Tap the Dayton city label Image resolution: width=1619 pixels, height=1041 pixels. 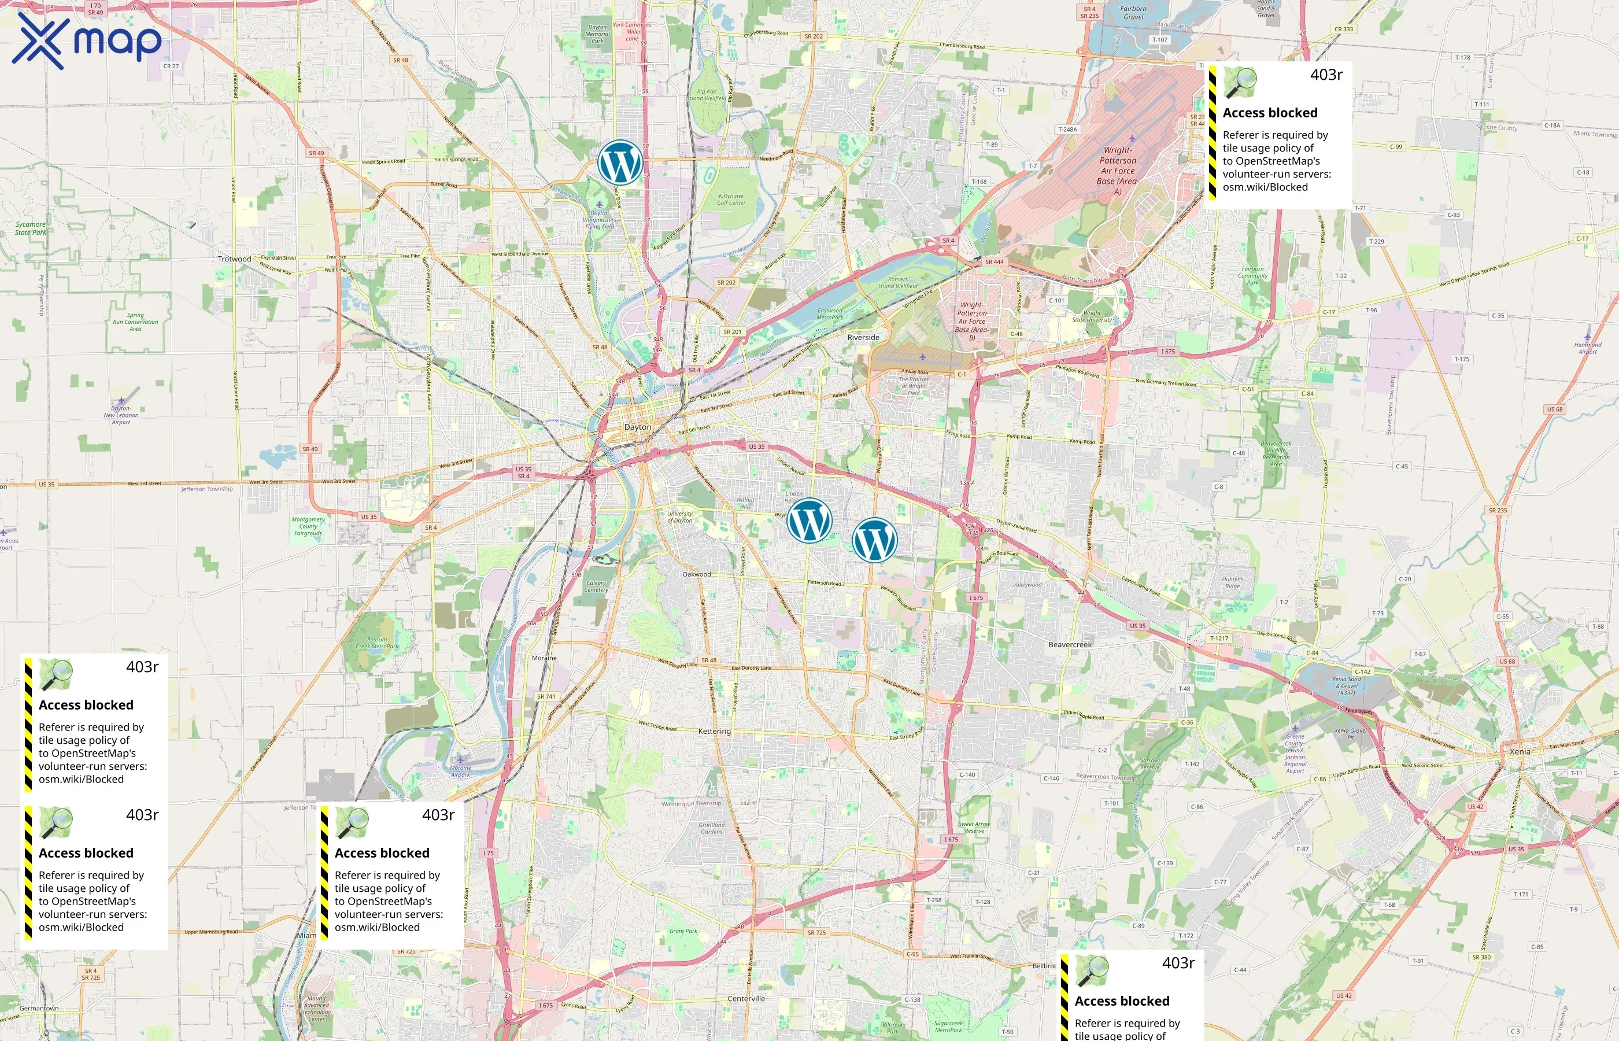637,427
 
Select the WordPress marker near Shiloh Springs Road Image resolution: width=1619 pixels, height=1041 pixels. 620,163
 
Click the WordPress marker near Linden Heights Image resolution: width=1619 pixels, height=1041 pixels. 809,520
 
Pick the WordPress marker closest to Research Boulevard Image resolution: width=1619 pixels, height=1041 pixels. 874,540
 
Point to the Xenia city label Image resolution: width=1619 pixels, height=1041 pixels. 1520,751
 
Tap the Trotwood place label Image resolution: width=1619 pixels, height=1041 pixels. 235,259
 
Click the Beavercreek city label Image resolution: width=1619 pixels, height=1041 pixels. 1070,644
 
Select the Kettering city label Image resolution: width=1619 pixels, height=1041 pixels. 714,731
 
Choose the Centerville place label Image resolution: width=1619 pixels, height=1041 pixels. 746,998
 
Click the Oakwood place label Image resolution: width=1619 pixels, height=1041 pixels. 696,574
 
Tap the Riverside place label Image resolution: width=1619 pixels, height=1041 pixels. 863,337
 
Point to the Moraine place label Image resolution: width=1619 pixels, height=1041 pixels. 544,658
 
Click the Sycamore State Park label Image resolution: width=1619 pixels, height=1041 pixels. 31,228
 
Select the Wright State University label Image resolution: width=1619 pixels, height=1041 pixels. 1091,316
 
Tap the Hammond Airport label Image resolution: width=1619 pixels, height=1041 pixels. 1587,348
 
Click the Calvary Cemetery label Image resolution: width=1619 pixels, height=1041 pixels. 596,586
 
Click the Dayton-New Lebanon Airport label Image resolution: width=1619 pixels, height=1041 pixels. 121,415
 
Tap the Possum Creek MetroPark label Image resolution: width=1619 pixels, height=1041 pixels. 377,643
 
